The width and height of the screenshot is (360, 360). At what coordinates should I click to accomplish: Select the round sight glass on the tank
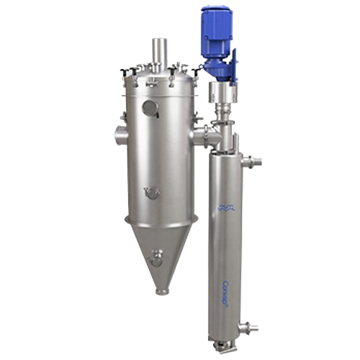(x=150, y=108)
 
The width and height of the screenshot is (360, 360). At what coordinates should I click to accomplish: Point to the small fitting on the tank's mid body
(x=150, y=192)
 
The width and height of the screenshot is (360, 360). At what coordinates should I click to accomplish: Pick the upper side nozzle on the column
(x=251, y=159)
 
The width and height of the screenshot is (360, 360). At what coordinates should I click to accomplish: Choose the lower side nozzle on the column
(x=248, y=328)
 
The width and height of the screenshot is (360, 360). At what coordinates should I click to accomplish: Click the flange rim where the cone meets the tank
(x=158, y=217)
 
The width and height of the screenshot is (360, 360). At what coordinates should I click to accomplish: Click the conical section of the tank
(x=162, y=248)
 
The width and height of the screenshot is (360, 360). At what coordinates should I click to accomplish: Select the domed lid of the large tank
(x=158, y=75)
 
